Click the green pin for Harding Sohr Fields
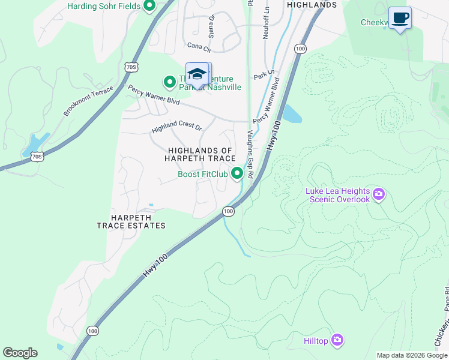tap(149, 7)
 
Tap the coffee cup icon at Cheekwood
tap(400, 17)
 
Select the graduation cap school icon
tap(197, 74)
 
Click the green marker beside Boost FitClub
tap(238, 174)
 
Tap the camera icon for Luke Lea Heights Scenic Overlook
tap(379, 194)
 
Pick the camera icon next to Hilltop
tap(337, 340)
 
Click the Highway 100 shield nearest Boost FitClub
tap(228, 211)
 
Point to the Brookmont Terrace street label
tap(88, 101)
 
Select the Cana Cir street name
tap(199, 46)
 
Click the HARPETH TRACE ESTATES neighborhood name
tap(131, 221)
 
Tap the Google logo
tap(20, 353)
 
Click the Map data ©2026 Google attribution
tap(411, 355)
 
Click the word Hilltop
tap(315, 341)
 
